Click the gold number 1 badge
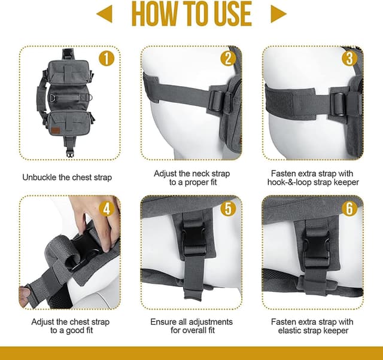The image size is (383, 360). tap(107, 59)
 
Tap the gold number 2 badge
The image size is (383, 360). tap(228, 59)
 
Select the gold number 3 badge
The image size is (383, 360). tap(349, 59)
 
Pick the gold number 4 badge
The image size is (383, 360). tap(107, 209)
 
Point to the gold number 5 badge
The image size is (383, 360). tap(228, 209)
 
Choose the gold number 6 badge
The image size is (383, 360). tap(349, 209)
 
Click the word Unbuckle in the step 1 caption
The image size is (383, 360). tap(39, 178)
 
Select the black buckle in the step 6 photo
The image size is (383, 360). tap(317, 248)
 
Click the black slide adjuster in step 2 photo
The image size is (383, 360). tap(217, 101)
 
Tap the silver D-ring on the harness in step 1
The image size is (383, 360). tap(53, 97)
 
